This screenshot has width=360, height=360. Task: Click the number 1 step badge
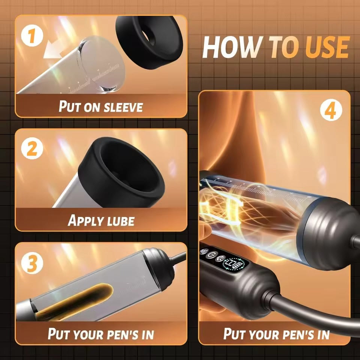(x=32, y=36)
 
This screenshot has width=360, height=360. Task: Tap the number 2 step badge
(x=32, y=148)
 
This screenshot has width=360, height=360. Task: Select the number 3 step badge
(x=32, y=263)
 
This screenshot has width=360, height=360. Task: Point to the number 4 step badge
(x=331, y=110)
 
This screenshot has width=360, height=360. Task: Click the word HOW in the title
(x=232, y=47)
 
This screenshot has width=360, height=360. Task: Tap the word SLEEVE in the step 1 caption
(x=123, y=107)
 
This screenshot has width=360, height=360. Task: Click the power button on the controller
(x=210, y=255)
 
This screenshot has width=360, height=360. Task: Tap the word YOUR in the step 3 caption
(x=88, y=334)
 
